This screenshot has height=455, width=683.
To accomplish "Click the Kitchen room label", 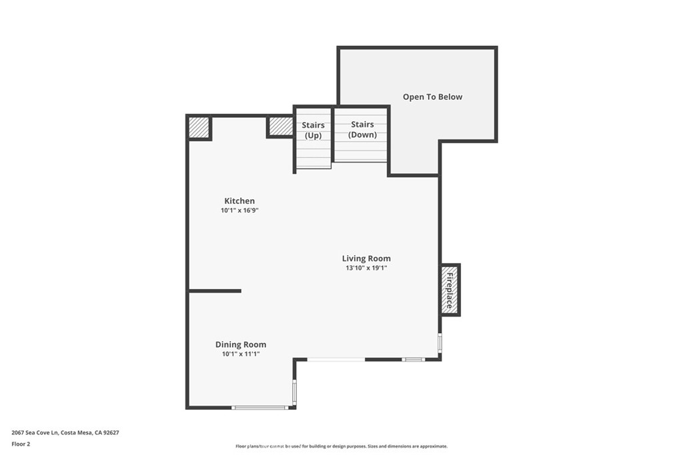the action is coord(239,201).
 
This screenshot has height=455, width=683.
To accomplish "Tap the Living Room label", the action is coord(366,258).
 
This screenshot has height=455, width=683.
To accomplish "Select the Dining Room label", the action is coord(240,344).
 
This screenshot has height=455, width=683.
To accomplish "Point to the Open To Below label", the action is coord(432,97).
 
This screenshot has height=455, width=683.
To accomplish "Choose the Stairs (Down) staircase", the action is coord(361,135).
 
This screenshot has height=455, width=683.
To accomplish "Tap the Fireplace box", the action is coord(450,290).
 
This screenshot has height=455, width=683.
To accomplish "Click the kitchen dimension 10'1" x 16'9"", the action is coord(240,211).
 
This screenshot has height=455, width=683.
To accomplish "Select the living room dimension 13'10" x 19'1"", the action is coord(366,268).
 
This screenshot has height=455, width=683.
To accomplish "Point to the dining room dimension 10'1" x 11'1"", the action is coord(241,354).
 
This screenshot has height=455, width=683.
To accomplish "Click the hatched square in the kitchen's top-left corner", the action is coord(199,127).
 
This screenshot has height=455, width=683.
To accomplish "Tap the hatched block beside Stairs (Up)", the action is coord(281,126).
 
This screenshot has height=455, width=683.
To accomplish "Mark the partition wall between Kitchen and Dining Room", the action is coord(215,291).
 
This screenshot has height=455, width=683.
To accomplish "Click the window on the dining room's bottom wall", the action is coord(259,408).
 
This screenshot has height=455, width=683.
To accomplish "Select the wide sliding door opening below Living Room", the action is coord(336,359).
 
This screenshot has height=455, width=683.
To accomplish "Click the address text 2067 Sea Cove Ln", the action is coord(35,433).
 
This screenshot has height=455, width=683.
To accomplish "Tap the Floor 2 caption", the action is coord(21,444).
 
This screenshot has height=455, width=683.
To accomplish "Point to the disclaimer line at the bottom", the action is coord(341,446).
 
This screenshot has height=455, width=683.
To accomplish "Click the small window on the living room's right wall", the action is coord(440,342).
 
